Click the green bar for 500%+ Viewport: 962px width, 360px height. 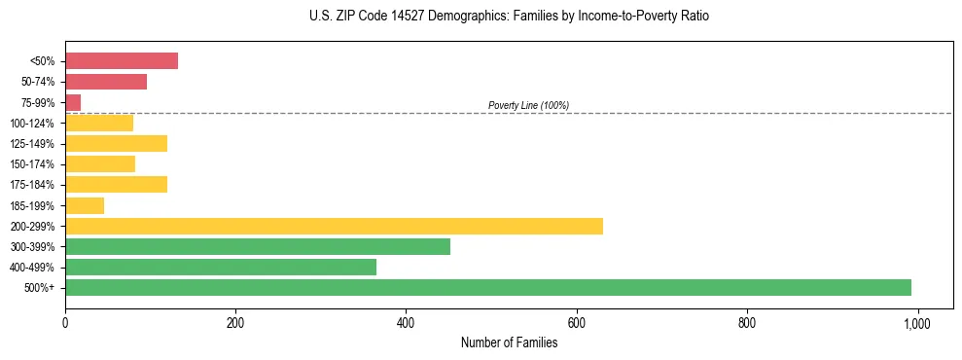tap(487, 287)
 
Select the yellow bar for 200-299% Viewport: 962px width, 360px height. tap(334, 226)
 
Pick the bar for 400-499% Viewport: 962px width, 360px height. tap(220, 267)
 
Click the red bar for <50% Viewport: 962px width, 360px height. tap(122, 60)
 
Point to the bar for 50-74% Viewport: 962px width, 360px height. tap(106, 82)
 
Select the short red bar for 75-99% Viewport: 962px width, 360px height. tap(73, 102)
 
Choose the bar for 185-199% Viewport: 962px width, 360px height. tap(85, 205)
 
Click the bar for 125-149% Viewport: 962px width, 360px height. tap(116, 144)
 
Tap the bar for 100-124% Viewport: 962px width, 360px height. tap(99, 123)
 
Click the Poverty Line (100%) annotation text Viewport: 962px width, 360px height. tap(528, 105)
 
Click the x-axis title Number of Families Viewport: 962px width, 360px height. tap(509, 342)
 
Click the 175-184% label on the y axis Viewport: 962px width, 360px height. tap(34, 185)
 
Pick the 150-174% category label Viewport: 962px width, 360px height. tap(34, 164)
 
